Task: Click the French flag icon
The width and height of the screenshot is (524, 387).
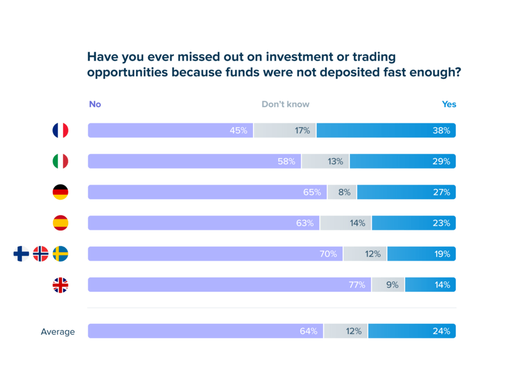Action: (x=60, y=130)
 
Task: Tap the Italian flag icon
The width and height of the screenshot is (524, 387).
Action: (x=60, y=161)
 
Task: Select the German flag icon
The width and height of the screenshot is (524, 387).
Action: (x=60, y=192)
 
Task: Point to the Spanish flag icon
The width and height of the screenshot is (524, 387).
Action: (x=60, y=223)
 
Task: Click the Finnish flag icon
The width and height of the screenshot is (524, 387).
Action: (x=21, y=254)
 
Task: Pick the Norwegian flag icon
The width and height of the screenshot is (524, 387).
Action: (x=41, y=254)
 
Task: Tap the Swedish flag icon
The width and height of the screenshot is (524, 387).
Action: (x=60, y=254)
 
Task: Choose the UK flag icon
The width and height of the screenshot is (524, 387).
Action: (x=60, y=285)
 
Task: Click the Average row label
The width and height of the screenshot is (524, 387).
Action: (x=58, y=332)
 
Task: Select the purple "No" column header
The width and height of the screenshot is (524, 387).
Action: (x=95, y=105)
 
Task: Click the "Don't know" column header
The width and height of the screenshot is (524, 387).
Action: (x=285, y=105)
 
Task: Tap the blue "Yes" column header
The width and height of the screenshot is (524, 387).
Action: (x=448, y=105)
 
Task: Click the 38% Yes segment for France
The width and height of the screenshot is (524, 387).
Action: (x=386, y=130)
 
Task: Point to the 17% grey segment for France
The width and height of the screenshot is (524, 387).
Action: (x=285, y=130)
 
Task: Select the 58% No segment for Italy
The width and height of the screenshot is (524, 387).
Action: (x=194, y=161)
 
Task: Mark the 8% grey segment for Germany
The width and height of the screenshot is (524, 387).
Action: (x=342, y=192)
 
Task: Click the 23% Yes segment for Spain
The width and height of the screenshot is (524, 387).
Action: (x=413, y=223)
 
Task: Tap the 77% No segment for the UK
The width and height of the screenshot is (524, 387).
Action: (x=229, y=285)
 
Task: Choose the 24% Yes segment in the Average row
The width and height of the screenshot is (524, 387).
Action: (x=411, y=332)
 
